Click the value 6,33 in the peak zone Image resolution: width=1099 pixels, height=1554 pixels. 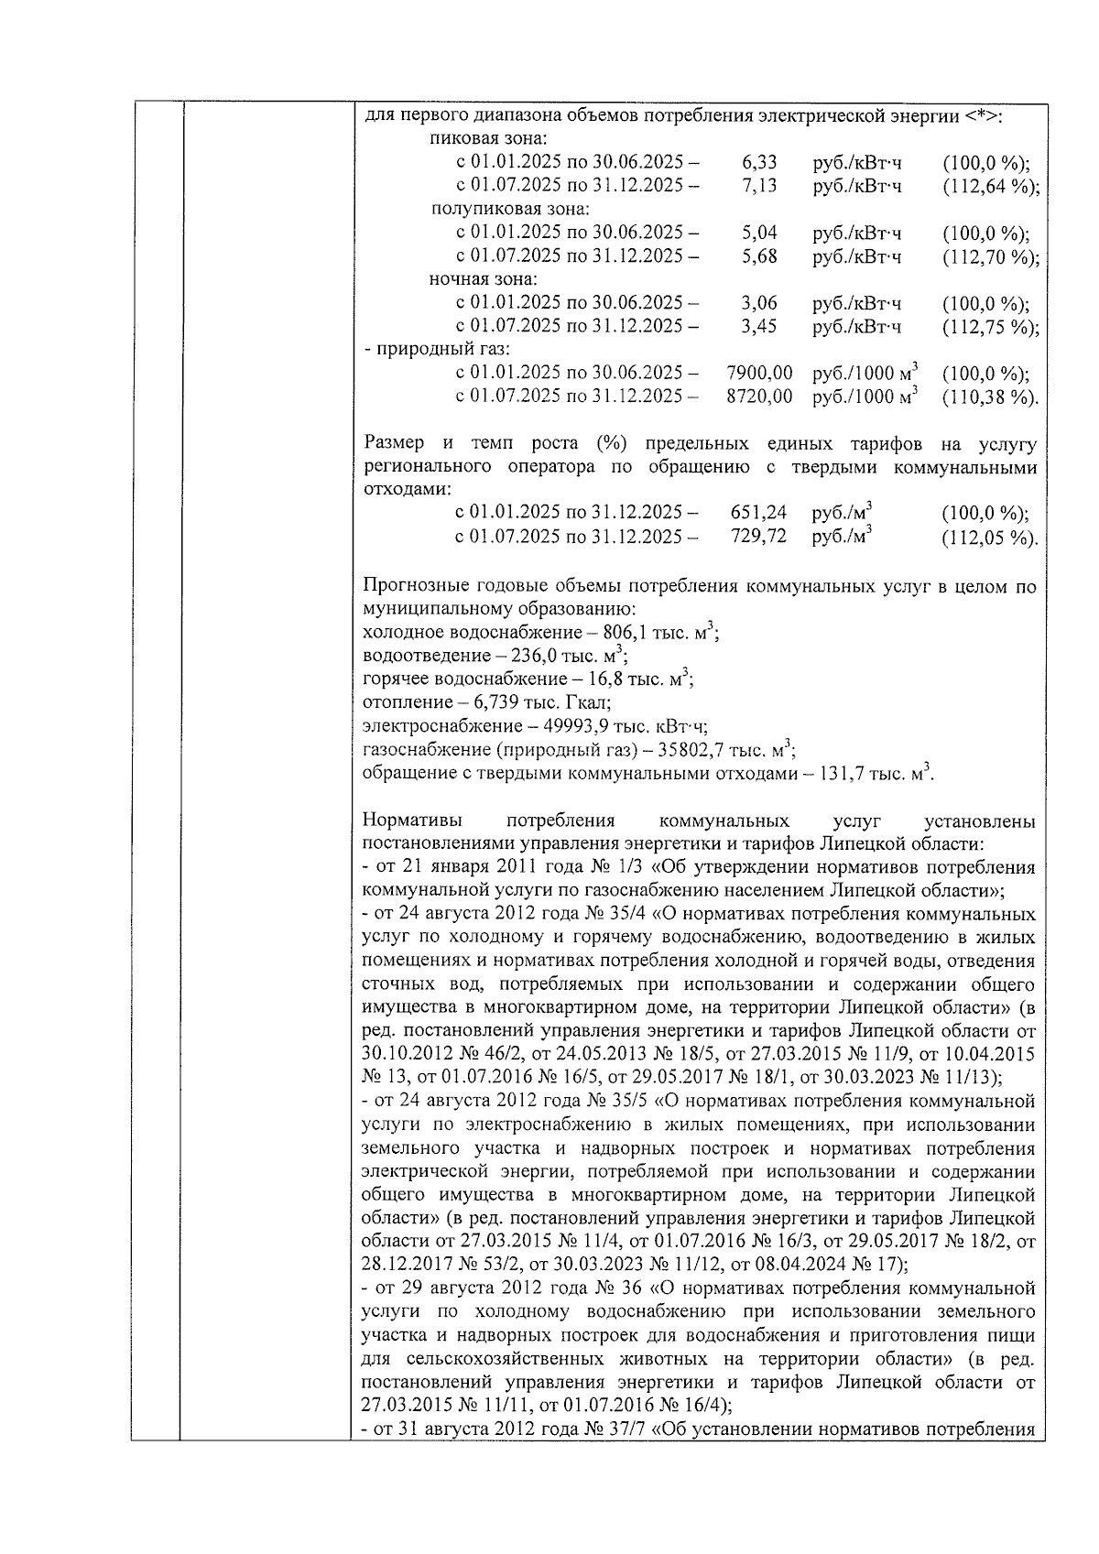(x=759, y=163)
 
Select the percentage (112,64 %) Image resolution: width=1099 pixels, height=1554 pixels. (x=990, y=187)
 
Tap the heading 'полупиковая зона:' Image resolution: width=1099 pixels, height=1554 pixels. (x=497, y=210)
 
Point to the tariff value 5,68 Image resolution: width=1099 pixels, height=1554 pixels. (x=759, y=257)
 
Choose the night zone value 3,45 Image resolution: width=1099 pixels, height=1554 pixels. (x=759, y=327)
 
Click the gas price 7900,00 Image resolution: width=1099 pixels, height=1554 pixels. (x=759, y=374)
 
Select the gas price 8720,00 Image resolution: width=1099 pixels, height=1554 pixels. (x=759, y=397)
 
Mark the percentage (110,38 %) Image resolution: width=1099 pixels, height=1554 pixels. (x=990, y=397)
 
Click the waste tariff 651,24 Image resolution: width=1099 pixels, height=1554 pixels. (x=758, y=514)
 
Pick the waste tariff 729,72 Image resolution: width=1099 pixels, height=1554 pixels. (x=758, y=538)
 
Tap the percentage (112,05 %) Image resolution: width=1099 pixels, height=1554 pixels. (x=990, y=538)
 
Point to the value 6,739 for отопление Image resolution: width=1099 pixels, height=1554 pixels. (x=498, y=703)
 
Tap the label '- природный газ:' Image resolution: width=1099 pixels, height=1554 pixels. (x=437, y=350)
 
